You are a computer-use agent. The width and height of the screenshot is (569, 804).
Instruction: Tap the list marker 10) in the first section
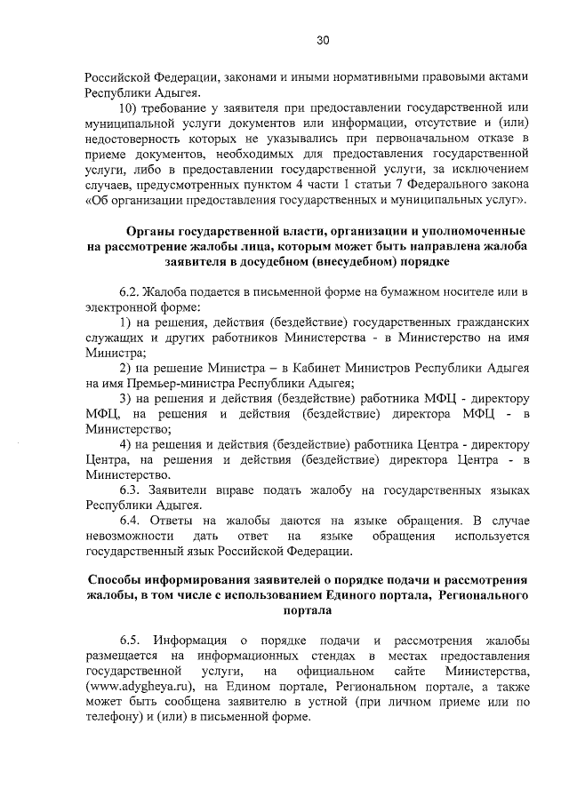[x=130, y=107]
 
